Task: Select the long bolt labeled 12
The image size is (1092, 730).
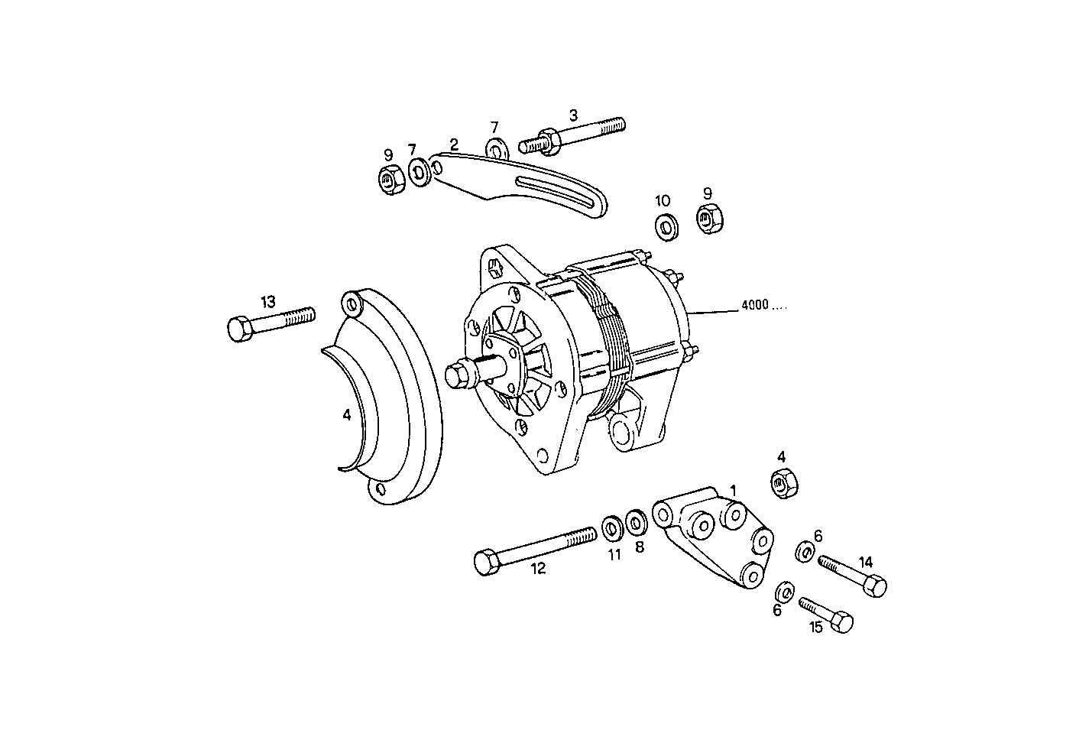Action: point(534,549)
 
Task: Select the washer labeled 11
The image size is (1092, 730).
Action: point(612,527)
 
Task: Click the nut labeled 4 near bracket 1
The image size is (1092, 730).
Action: point(782,484)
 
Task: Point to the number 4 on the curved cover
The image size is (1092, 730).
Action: point(347,415)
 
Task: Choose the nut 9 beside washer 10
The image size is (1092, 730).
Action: point(708,219)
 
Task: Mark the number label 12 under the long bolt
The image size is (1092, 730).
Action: point(538,569)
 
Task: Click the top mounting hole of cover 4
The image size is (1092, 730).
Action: point(352,306)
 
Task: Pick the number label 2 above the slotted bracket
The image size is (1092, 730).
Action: point(454,144)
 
